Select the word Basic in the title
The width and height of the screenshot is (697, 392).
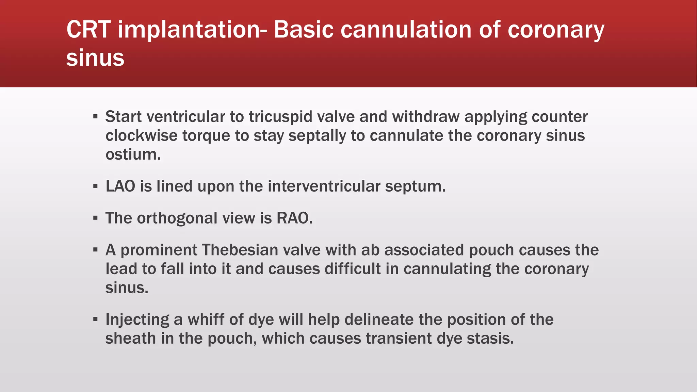pos(304,30)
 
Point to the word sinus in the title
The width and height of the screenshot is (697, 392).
pos(95,58)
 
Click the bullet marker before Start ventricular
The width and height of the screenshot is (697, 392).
pos(95,117)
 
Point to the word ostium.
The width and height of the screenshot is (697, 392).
pos(133,154)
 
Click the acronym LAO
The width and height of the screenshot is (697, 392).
pos(120,186)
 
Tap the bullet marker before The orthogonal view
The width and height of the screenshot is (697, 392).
pos(95,218)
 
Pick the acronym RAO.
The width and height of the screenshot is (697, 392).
pos(294,218)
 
